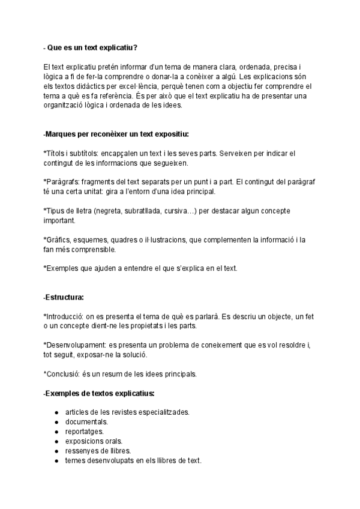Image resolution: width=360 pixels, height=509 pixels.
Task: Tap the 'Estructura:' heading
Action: click(x=65, y=297)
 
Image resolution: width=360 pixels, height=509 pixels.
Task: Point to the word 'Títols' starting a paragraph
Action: click(x=57, y=153)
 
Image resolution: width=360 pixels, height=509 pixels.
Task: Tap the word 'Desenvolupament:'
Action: click(x=74, y=345)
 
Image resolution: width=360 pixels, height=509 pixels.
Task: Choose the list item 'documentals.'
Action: click(x=87, y=422)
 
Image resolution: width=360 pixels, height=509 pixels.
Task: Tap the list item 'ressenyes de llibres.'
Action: click(x=98, y=451)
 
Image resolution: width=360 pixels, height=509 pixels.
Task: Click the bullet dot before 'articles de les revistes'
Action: click(x=56, y=412)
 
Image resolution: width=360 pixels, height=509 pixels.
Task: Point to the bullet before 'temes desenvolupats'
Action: click(x=56, y=460)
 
